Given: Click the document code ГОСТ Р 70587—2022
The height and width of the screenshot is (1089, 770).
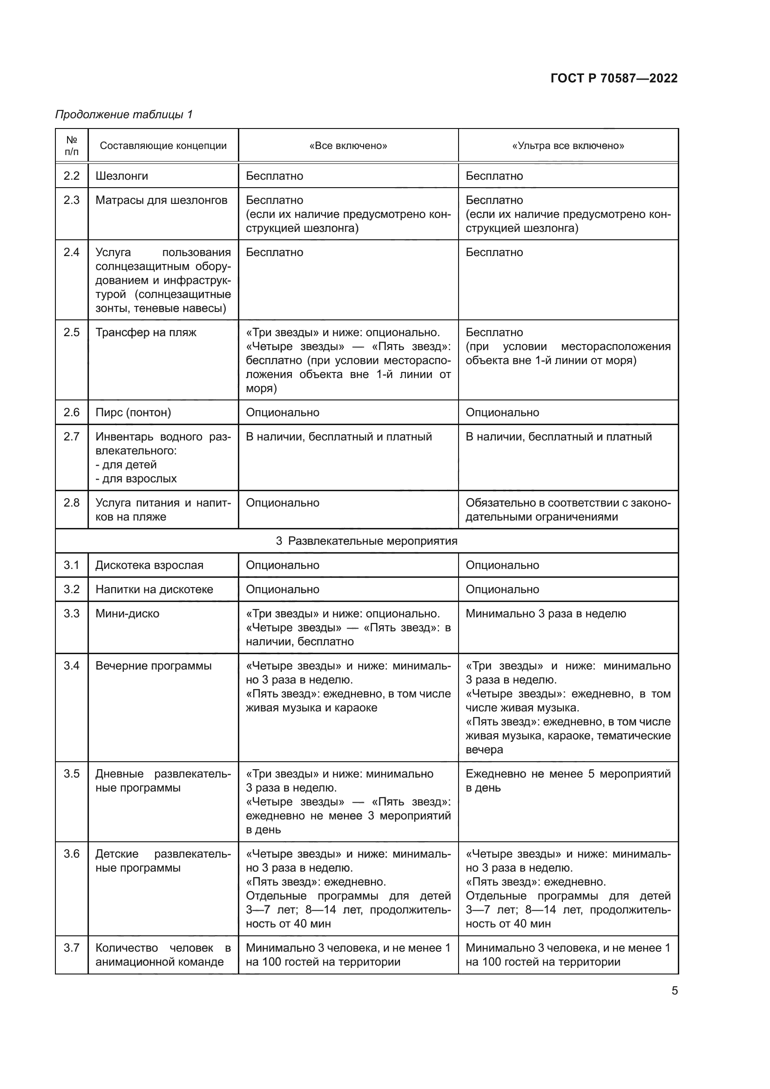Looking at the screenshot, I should (x=614, y=78).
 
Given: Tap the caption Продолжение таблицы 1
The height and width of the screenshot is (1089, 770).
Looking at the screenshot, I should (x=124, y=115).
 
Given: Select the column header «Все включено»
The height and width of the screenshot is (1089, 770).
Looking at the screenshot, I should (x=348, y=146).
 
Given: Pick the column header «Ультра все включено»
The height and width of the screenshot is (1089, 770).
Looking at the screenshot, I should (x=568, y=146).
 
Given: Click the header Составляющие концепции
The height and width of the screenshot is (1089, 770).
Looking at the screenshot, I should (x=163, y=146).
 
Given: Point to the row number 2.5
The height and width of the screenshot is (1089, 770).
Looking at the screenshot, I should (x=72, y=332).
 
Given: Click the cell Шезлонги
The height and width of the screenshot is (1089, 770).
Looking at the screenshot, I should (x=122, y=176).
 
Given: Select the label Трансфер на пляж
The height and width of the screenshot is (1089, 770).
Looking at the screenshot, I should (x=146, y=332).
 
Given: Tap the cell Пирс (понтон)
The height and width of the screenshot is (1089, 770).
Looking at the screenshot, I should (x=133, y=412).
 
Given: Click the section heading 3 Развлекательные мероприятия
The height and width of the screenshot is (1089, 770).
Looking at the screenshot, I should (x=366, y=541).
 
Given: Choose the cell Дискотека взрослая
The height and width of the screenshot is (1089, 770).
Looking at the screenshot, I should (x=149, y=565).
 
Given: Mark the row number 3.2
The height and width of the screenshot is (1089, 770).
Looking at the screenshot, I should (x=72, y=589).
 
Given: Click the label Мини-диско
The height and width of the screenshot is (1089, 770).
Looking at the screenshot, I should (x=128, y=613).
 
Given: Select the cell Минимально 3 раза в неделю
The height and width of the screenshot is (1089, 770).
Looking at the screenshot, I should (x=546, y=613).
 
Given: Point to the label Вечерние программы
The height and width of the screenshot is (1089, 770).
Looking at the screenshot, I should (x=154, y=665).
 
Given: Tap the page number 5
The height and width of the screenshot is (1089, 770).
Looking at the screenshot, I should (x=674, y=991).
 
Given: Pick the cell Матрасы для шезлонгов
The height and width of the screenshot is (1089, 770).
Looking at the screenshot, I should (x=161, y=200).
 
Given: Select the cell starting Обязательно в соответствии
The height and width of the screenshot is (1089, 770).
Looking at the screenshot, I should (x=568, y=509).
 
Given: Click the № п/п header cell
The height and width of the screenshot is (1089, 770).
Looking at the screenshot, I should (x=72, y=146).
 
